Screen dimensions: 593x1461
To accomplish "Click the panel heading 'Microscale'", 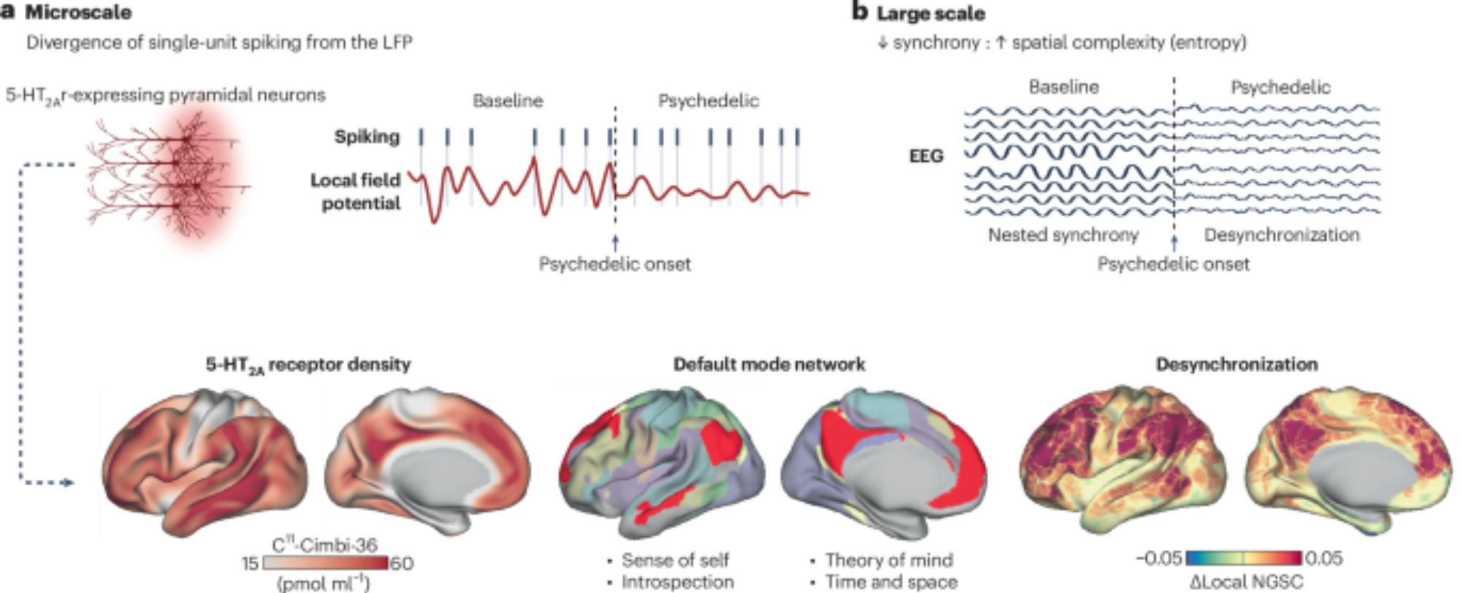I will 78,12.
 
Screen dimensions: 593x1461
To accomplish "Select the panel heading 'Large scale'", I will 930,13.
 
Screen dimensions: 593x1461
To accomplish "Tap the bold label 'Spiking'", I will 367,137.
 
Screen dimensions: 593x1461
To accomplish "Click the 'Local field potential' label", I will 356,192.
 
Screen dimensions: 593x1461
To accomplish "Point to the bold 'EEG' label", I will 926,156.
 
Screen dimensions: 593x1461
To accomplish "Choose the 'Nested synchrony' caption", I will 1063,235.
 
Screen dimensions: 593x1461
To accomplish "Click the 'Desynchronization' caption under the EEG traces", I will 1281,235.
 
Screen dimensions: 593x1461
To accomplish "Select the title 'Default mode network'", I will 768,364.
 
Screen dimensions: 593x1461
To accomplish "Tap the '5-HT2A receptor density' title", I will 308,364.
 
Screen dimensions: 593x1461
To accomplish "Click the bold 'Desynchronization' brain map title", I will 1237,364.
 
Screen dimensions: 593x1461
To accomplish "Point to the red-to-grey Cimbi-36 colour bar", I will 325,563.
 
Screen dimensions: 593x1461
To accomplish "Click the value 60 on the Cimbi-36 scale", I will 402,563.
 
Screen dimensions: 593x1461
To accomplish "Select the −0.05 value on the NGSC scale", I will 1159,559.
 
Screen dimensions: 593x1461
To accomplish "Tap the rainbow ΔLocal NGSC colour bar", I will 1243,559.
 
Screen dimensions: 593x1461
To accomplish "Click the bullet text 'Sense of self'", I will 675,560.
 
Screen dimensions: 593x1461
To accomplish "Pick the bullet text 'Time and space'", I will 891,582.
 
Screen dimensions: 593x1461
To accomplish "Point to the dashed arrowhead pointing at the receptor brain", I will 69,483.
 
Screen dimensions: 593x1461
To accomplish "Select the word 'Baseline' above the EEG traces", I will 1064,87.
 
